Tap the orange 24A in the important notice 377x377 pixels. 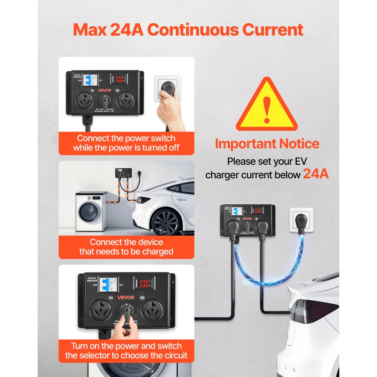(316, 174)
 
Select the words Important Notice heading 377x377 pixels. (267, 144)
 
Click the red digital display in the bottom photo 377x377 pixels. (145, 284)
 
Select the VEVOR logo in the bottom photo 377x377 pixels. (126, 297)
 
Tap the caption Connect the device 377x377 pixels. (126, 242)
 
